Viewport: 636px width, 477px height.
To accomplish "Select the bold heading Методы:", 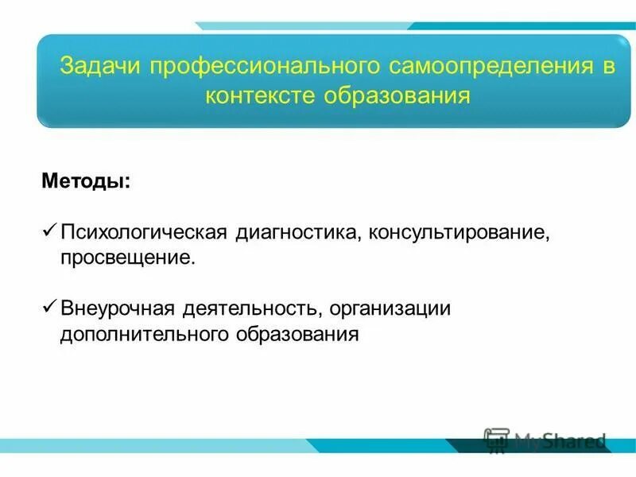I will pos(87,182).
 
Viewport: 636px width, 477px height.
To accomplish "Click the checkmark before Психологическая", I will pos(48,233).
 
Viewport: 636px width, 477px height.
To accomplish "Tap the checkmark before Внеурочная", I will pos(48,307).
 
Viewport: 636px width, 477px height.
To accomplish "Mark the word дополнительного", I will pos(143,333).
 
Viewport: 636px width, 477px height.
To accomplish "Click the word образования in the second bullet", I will pos(297,333).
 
